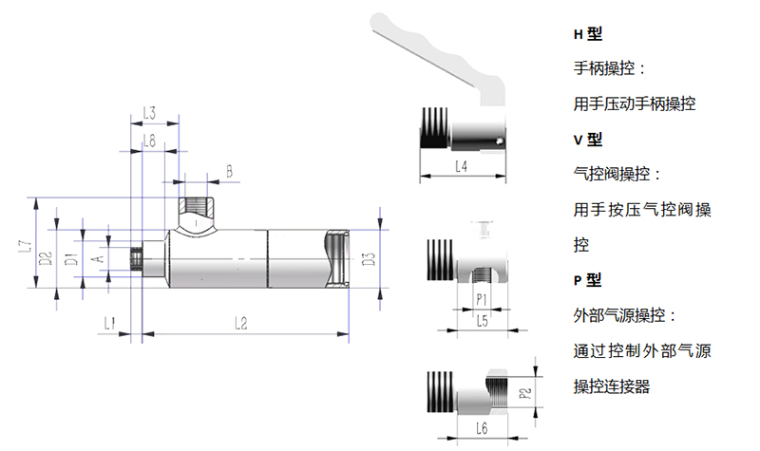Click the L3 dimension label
(149, 114)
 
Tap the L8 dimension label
(148, 141)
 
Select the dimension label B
(228, 171)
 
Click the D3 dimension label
(370, 257)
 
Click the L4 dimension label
(461, 167)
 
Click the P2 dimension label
(523, 391)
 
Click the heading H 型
(588, 34)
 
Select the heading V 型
(588, 140)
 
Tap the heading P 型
(588, 280)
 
